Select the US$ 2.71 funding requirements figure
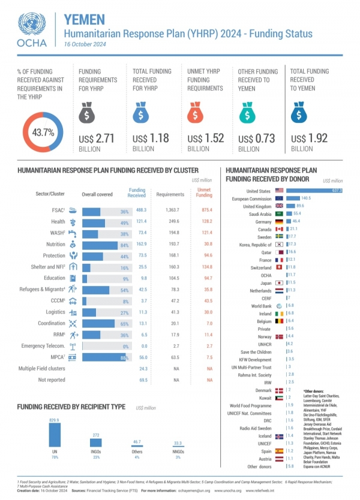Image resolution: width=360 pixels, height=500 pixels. coord(100,139)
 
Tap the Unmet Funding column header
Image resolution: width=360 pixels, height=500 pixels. coord(204,192)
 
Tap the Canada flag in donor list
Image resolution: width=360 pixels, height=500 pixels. coord(279,229)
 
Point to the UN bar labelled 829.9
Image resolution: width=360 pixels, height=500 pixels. coord(55,436)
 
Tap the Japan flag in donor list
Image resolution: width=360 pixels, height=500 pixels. coord(279,282)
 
